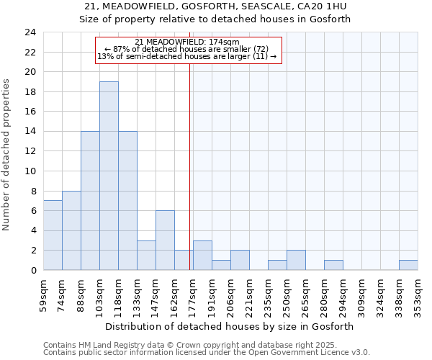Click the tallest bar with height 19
109,176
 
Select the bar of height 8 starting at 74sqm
71,230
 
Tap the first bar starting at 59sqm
53,235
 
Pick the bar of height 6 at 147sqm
165,240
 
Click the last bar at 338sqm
408,265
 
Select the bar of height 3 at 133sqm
146,256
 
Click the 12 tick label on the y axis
30,151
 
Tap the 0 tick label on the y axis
32,271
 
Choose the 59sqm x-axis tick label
44,294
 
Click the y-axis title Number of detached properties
7,155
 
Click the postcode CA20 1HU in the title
318,6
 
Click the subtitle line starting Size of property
215,19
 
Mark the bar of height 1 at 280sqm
333,265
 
